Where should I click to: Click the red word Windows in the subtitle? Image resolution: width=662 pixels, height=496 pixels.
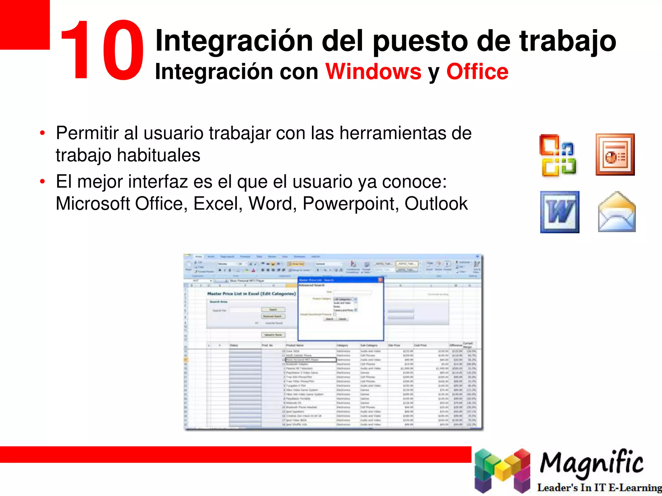tap(373, 71)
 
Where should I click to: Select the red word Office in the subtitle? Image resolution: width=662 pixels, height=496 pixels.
tap(477, 71)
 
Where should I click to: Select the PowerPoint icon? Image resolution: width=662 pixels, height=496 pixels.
tap(615, 154)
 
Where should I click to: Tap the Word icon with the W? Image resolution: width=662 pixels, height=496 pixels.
tap(560, 212)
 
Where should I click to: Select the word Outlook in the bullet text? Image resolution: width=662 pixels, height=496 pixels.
tap(436, 204)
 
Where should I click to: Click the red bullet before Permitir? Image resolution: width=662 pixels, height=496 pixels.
tap(42, 133)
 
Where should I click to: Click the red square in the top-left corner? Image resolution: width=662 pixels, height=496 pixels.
tap(25, 25)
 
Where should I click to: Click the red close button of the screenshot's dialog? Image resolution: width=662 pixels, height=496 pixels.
tap(380, 280)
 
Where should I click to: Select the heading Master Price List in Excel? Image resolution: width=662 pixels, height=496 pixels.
tap(251, 294)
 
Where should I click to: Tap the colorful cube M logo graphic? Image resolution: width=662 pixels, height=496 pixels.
tap(502, 470)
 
